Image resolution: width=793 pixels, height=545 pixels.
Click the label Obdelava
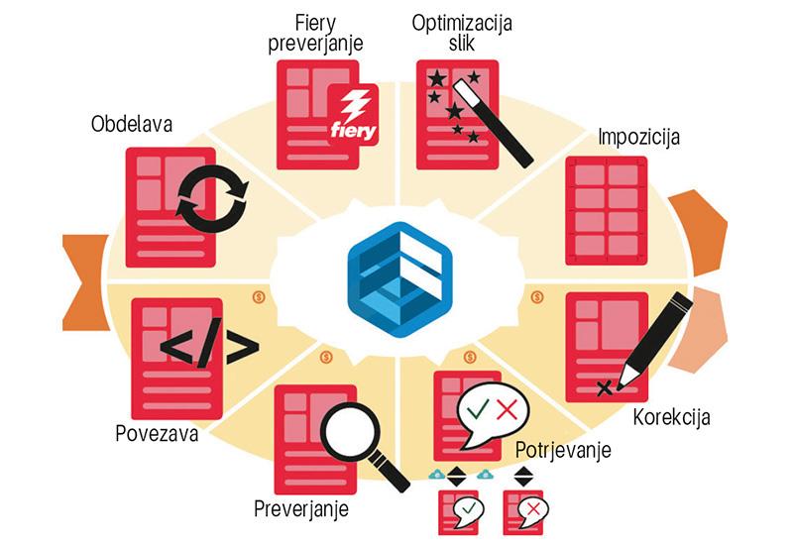132,125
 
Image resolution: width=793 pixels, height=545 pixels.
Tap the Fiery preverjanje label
316,33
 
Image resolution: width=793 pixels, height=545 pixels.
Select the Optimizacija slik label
461,33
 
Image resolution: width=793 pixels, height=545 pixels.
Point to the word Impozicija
638,137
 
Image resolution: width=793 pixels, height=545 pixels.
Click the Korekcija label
671,416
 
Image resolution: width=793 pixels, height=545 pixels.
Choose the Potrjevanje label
563,450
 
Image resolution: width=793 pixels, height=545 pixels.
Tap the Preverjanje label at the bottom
301,510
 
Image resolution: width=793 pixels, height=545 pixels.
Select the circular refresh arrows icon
210,197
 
